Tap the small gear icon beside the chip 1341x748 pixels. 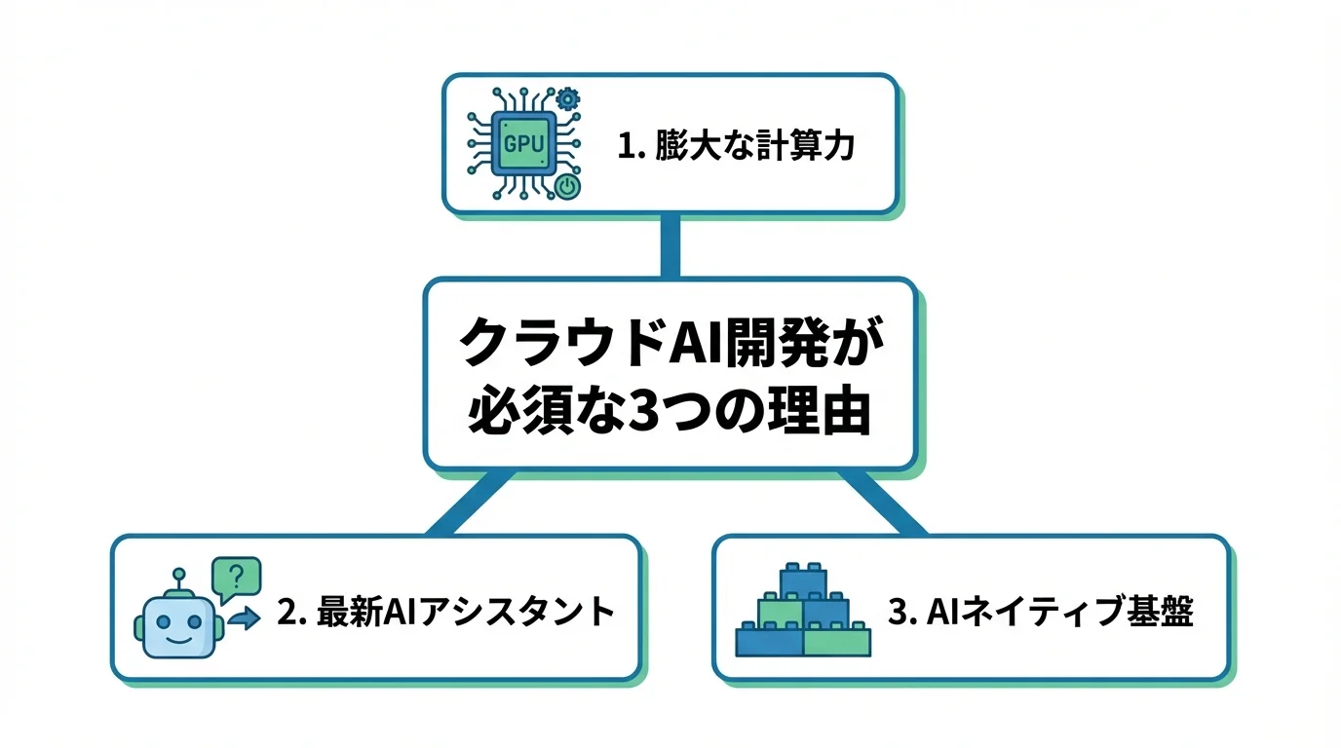[x=567, y=99]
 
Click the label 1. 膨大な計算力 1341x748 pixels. [x=736, y=146]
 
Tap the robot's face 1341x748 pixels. [x=178, y=626]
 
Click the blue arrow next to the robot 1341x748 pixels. [x=244, y=617]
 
